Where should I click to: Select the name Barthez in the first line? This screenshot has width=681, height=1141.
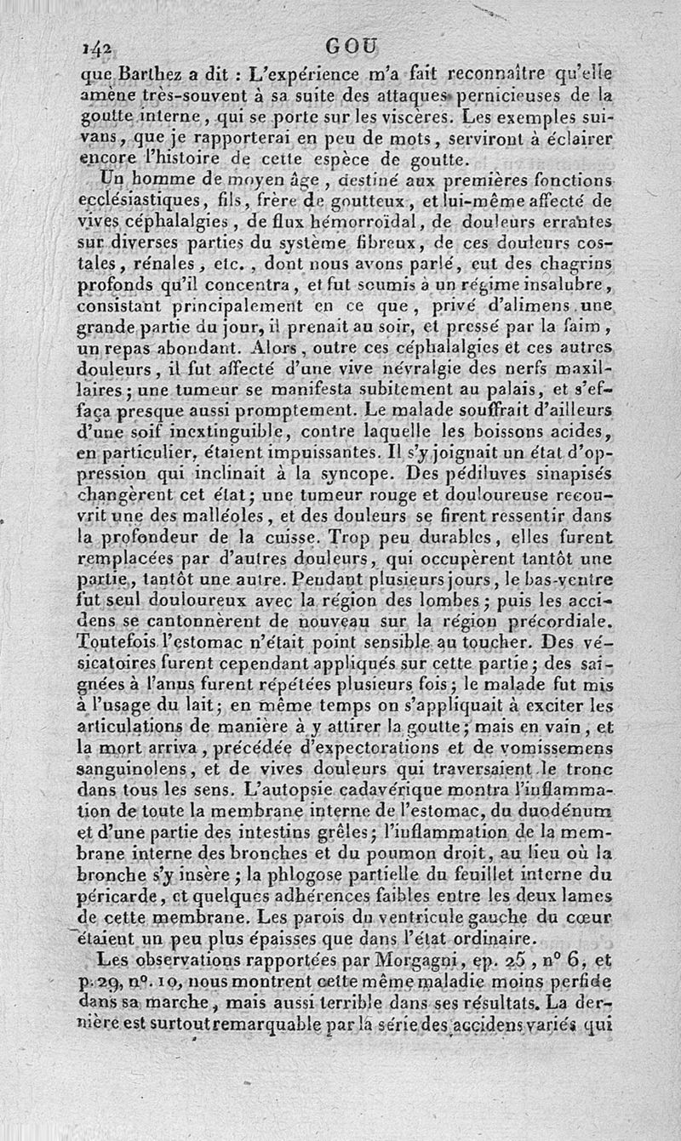click(146, 71)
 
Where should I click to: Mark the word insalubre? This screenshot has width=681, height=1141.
click(565, 282)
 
